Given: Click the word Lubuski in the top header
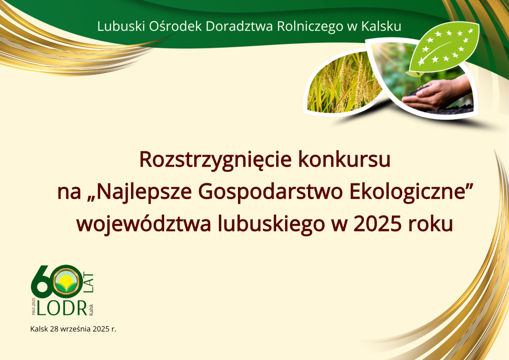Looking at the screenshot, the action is (121, 26).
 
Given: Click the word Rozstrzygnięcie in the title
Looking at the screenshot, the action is (215, 160).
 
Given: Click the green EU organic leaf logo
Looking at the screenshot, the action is (444, 47).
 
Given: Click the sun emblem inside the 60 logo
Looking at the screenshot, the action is (66, 281).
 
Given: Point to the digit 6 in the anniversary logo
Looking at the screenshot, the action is (42, 282).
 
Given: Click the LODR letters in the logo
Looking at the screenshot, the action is (62, 308).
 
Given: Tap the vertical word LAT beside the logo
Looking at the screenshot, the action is (89, 282).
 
